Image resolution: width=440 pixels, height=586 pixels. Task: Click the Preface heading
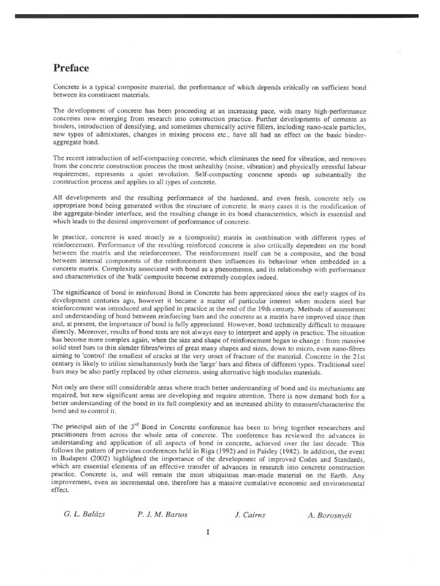tap(71, 68)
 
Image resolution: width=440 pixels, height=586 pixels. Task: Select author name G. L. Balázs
tap(84, 514)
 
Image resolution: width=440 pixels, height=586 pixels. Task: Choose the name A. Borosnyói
tap(329, 514)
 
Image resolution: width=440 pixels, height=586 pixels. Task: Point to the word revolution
tap(174, 174)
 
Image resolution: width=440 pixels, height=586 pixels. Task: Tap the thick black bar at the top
tap(220, 17)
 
